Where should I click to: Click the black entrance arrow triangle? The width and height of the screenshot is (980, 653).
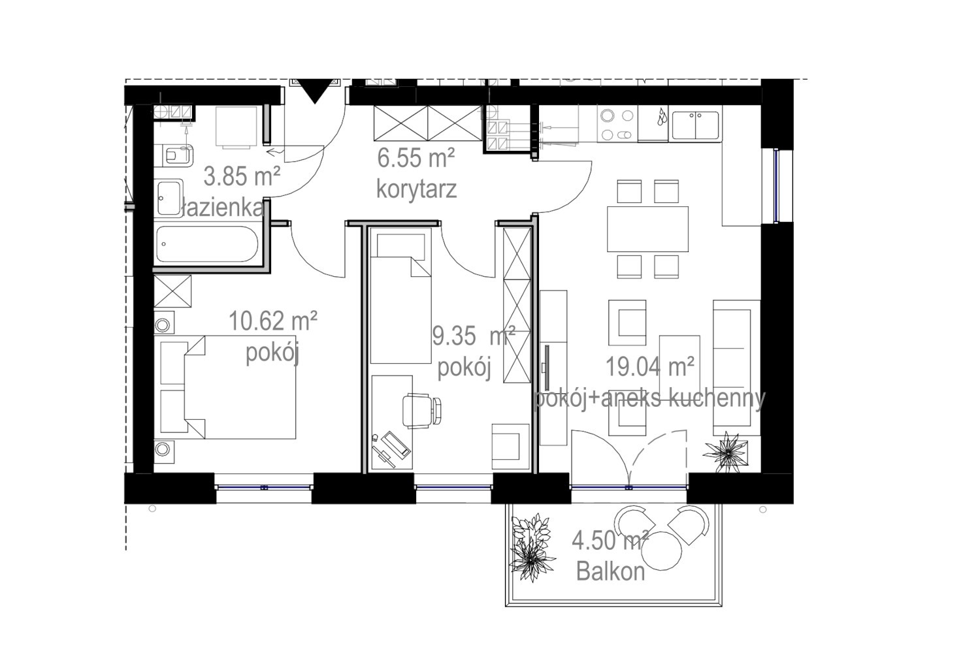[x=314, y=91]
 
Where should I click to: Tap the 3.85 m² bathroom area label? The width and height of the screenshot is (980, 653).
[x=242, y=177]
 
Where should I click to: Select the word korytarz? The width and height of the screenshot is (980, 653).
[x=417, y=189]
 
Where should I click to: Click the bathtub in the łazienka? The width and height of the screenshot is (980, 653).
[x=207, y=244]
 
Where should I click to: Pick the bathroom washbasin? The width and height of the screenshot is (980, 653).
[x=169, y=198]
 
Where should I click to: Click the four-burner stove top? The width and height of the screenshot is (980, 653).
[x=617, y=124]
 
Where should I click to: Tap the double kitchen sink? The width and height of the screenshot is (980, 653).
[x=695, y=125]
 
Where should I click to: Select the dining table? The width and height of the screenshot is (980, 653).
[x=647, y=229]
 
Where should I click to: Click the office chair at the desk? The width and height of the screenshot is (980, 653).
[x=421, y=410]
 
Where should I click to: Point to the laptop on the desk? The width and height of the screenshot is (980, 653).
[x=395, y=445]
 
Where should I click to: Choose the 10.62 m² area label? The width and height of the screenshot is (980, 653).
[x=273, y=321]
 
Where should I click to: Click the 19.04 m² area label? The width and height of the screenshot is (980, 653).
[x=650, y=366]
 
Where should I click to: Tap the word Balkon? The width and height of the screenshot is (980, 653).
[x=611, y=571]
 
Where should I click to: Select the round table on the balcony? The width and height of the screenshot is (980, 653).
[x=661, y=550]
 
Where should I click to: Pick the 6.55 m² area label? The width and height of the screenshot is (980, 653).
[x=416, y=157]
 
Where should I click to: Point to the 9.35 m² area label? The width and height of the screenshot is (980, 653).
[x=474, y=336]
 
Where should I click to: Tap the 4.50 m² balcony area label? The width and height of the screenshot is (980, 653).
[x=610, y=541]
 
